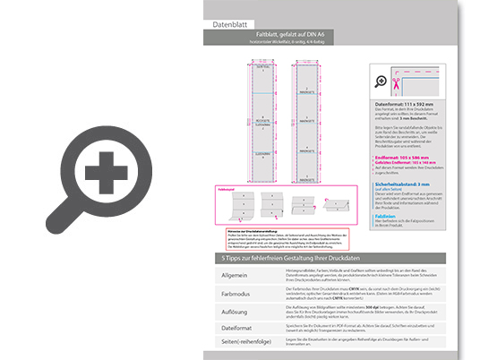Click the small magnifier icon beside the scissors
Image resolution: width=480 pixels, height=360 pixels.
pyautogui.click(x=381, y=81)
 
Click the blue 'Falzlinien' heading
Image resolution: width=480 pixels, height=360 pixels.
pyautogui.click(x=386, y=216)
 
